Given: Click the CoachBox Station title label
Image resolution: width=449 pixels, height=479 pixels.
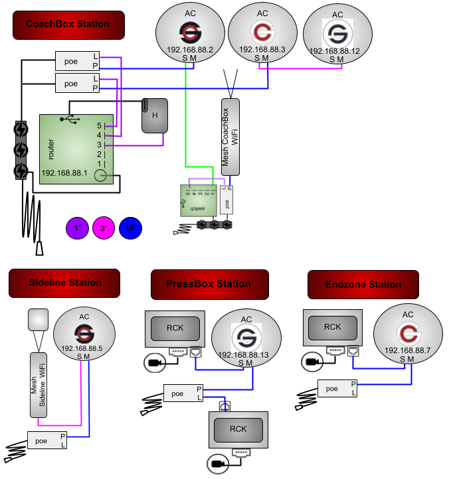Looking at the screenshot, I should tap(68, 25).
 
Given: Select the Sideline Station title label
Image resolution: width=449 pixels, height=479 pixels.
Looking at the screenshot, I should tap(64, 283).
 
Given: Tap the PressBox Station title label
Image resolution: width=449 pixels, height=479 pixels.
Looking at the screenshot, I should tap(209, 284).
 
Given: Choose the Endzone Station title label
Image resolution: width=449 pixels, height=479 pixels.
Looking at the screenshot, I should tap(363, 285).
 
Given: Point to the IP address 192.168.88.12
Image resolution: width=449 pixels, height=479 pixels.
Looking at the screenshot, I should tap(337, 51).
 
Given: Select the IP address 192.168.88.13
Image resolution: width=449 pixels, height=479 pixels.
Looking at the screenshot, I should tap(246, 355).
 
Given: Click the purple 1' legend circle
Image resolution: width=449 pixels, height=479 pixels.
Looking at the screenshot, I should tap(78, 228).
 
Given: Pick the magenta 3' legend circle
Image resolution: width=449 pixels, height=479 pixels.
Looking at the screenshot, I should tap(104, 228).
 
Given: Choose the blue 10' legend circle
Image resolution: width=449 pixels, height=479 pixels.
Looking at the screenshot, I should tap(131, 228).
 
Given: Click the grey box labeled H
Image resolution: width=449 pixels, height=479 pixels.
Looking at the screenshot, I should tap(155, 115).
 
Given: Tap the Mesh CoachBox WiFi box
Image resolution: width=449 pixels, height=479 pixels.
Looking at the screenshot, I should tap(230, 137).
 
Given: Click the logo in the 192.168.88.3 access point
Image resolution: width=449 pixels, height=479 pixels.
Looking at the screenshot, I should tap(262, 32).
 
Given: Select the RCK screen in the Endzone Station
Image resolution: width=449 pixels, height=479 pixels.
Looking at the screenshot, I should tap(333, 327).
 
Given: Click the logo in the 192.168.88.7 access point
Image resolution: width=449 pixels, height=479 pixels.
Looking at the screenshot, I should tap(408, 332).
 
